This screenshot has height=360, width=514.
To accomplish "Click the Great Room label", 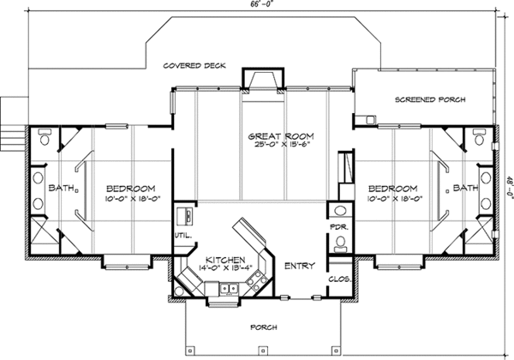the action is click(x=281, y=135).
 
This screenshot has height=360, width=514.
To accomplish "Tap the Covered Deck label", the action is click(x=194, y=66).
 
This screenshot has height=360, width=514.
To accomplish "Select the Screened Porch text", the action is click(x=430, y=99).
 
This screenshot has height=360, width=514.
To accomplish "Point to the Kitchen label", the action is click(x=225, y=260).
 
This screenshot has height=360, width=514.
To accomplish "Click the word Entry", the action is click(x=300, y=266).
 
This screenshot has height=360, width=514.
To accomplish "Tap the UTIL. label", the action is click(x=183, y=235).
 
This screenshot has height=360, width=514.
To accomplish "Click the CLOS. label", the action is click(x=340, y=279).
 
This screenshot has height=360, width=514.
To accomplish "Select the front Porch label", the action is click(x=264, y=327).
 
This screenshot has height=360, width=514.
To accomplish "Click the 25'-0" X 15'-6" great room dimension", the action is click(x=282, y=145).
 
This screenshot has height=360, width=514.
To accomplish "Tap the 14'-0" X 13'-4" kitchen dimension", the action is click(x=225, y=267).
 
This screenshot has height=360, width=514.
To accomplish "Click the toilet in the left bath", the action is click(x=45, y=136).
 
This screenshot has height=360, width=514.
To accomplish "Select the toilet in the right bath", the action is click(x=479, y=136).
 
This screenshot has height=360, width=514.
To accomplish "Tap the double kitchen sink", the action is click(x=229, y=289).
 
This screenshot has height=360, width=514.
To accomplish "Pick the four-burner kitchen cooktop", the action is click(x=258, y=280).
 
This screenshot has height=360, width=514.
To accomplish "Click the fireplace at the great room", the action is click(x=263, y=80).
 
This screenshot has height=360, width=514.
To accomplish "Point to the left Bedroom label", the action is click(x=130, y=189).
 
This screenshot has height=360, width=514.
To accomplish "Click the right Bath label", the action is click(x=465, y=188).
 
